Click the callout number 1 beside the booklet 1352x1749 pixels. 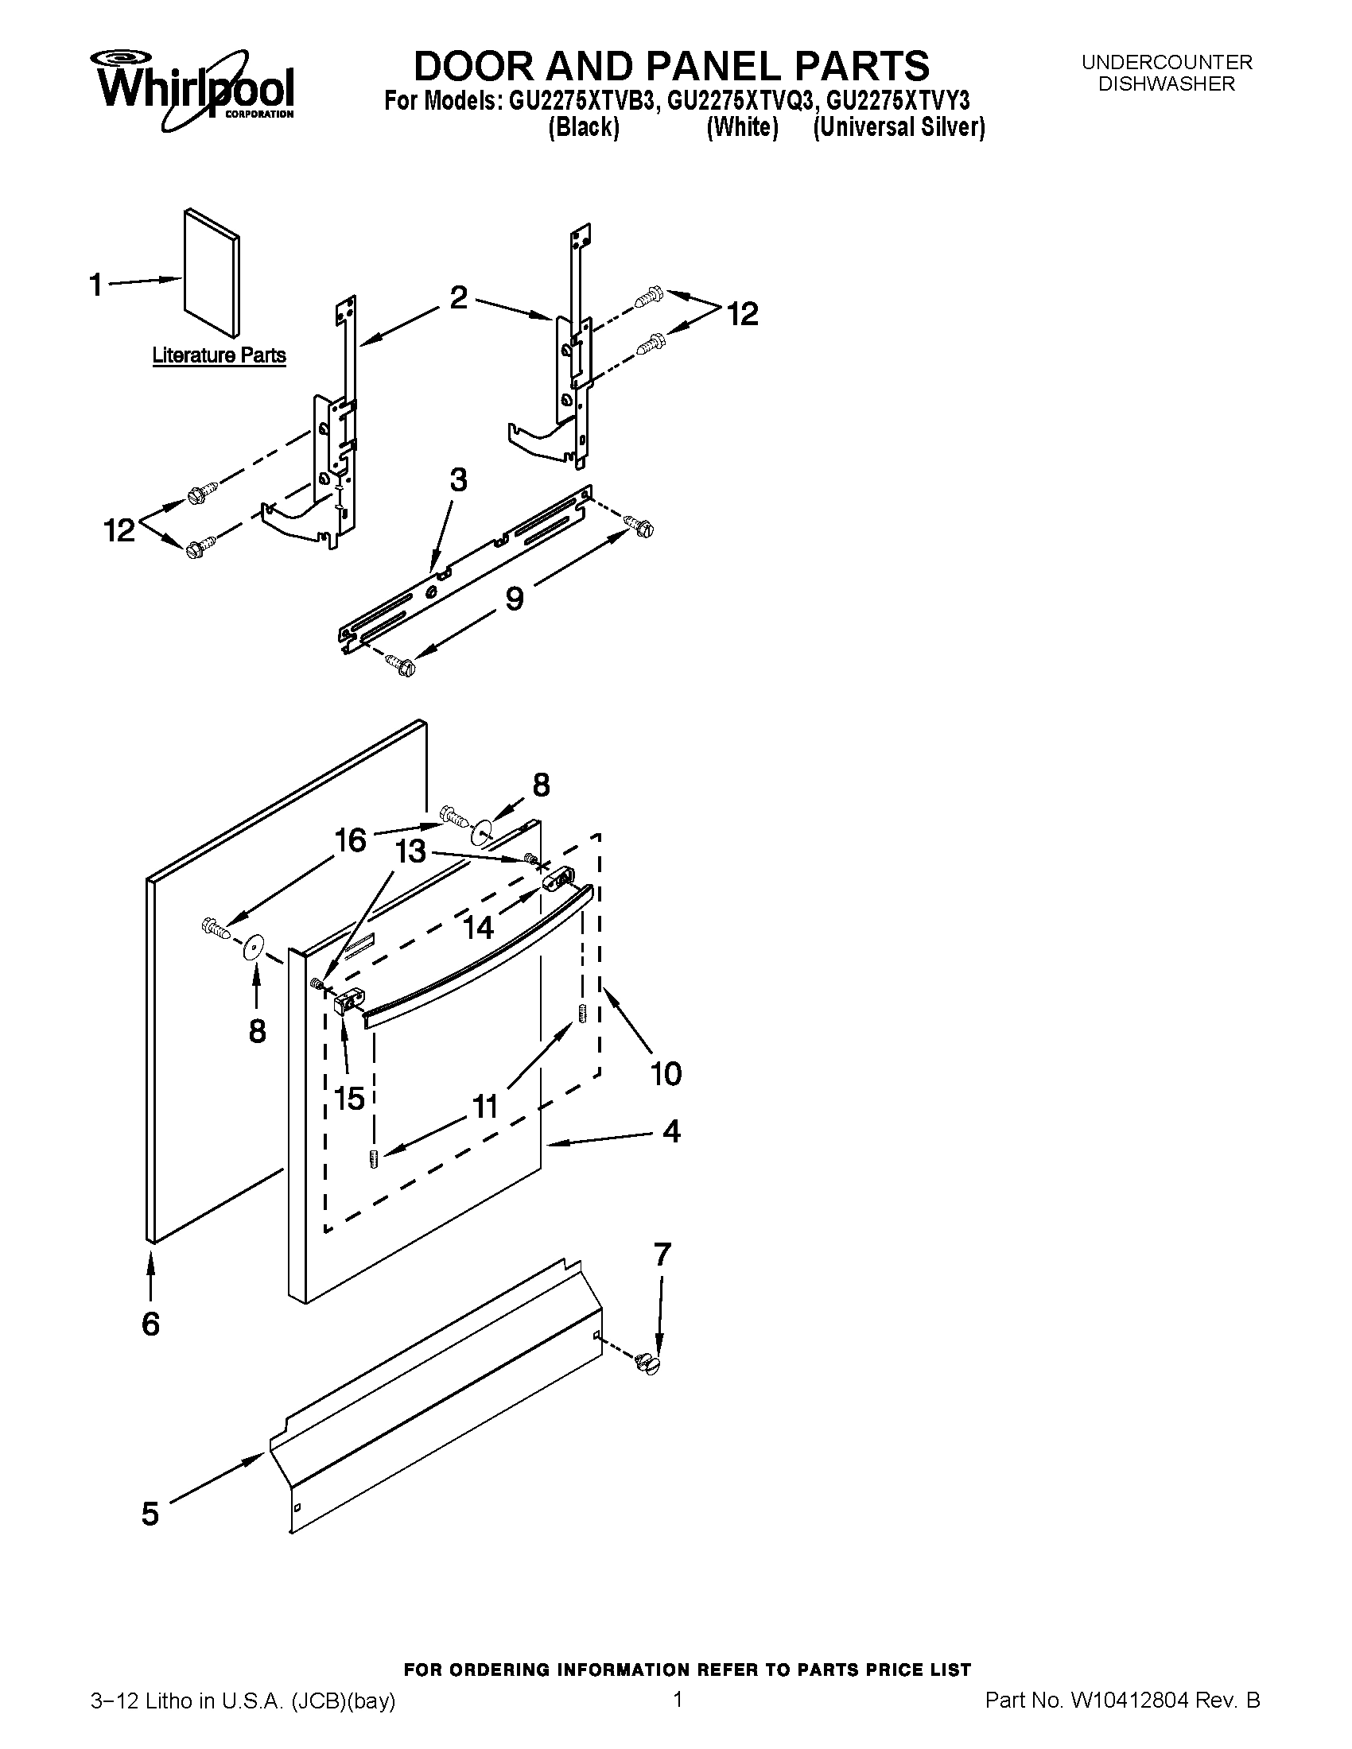tap(95, 285)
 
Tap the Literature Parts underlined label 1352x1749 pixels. tap(219, 355)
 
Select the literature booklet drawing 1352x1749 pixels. tap(211, 272)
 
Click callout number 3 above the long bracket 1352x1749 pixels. tap(458, 480)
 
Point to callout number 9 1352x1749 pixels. tap(515, 598)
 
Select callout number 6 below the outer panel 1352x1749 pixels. tap(150, 1324)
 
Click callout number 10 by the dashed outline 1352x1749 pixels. tap(665, 1073)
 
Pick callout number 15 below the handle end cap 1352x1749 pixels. tap(350, 1098)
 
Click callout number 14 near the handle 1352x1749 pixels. tap(478, 927)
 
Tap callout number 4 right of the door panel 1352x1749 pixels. tap(671, 1131)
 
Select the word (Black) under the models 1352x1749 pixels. tap(583, 127)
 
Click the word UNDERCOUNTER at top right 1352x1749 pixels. tap(1166, 63)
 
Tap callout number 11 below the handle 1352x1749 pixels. tap(485, 1107)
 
